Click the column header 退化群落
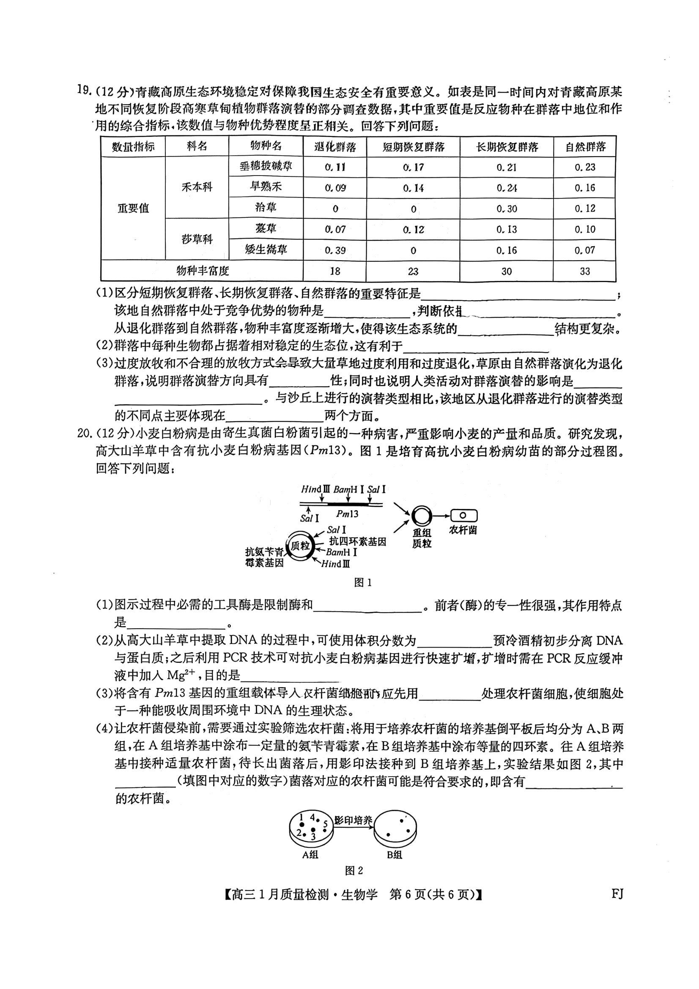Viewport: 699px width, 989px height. [334, 147]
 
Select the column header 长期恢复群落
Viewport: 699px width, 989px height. [507, 147]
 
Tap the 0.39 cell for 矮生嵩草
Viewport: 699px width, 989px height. [334, 250]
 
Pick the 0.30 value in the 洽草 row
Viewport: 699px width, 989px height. [507, 209]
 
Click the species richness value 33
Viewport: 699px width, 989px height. [584, 272]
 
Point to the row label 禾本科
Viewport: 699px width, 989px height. [197, 187]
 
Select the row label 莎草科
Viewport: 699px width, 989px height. [197, 239]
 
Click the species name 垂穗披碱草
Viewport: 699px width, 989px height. [266, 167]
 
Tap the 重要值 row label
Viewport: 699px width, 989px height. [133, 209]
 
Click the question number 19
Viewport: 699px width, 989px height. [84, 91]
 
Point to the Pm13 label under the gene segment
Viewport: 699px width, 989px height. [347, 514]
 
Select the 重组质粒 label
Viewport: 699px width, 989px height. [422, 538]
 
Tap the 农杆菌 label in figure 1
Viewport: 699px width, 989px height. [463, 530]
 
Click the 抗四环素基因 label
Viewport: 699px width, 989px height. [357, 541]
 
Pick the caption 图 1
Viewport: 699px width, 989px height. [363, 582]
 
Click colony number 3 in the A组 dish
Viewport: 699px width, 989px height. [313, 838]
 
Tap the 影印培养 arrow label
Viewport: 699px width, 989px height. [353, 820]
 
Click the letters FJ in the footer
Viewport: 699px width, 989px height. [617, 894]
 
